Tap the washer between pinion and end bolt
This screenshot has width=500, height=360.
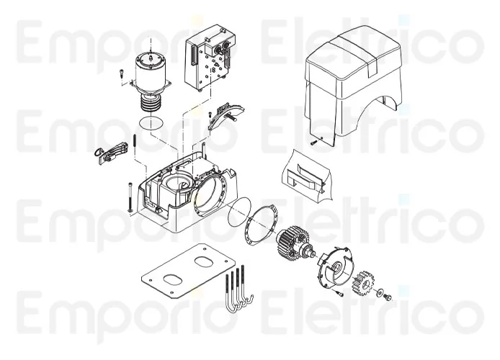coord(380,293)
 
